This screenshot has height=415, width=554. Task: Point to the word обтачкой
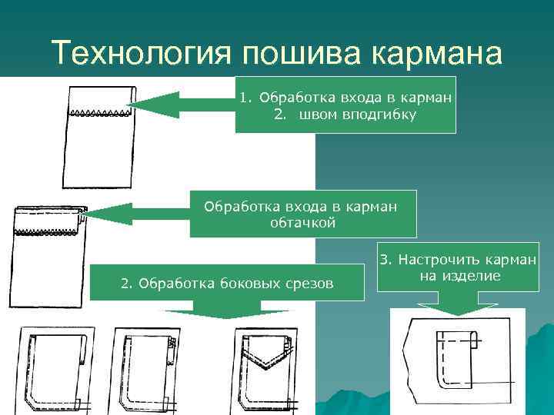[x=303, y=222]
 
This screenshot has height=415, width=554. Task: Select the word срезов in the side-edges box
[x=305, y=284]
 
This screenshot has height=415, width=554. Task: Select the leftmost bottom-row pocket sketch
[x=54, y=370]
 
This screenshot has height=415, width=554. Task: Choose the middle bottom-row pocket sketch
[x=146, y=370]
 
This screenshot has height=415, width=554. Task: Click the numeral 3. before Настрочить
[x=384, y=260]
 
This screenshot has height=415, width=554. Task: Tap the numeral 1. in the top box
[x=245, y=98]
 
